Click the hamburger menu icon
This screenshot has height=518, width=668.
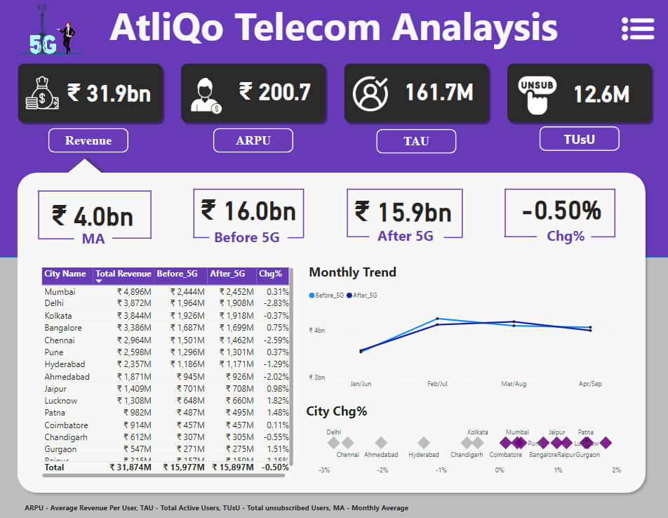pyautogui.click(x=637, y=28)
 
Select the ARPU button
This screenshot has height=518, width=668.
pyautogui.click(x=253, y=140)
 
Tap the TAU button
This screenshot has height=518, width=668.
pyautogui.click(x=416, y=141)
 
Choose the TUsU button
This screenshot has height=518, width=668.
pyautogui.click(x=579, y=139)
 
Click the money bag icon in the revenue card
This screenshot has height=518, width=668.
pyautogui.click(x=41, y=93)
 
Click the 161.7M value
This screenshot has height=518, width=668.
pyautogui.click(x=439, y=93)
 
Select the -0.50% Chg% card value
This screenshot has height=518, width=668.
pyautogui.click(x=561, y=210)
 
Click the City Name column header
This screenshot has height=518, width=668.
pyautogui.click(x=65, y=274)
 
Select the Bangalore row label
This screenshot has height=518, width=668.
pyautogui.click(x=63, y=328)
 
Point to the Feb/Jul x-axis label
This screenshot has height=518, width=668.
pyautogui.click(x=437, y=384)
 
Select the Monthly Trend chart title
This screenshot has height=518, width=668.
pyautogui.click(x=352, y=272)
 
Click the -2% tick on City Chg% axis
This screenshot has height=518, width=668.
pyautogui.click(x=382, y=470)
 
